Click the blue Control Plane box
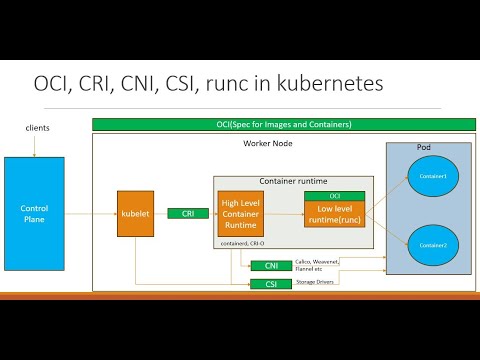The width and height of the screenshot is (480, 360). tap(34, 213)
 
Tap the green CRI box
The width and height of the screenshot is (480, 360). tap(187, 213)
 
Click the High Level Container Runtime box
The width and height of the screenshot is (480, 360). tap(240, 213)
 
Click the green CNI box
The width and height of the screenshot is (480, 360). tap(270, 265)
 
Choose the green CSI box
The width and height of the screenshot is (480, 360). tap(270, 283)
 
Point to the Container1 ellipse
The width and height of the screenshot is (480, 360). tap(432, 176)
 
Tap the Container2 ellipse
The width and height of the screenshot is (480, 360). tap(432, 243)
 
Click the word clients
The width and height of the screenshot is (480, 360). tap(38, 129)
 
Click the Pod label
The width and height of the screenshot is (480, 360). tap(423, 147)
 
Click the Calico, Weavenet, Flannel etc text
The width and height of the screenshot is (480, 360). tap(315, 264)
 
